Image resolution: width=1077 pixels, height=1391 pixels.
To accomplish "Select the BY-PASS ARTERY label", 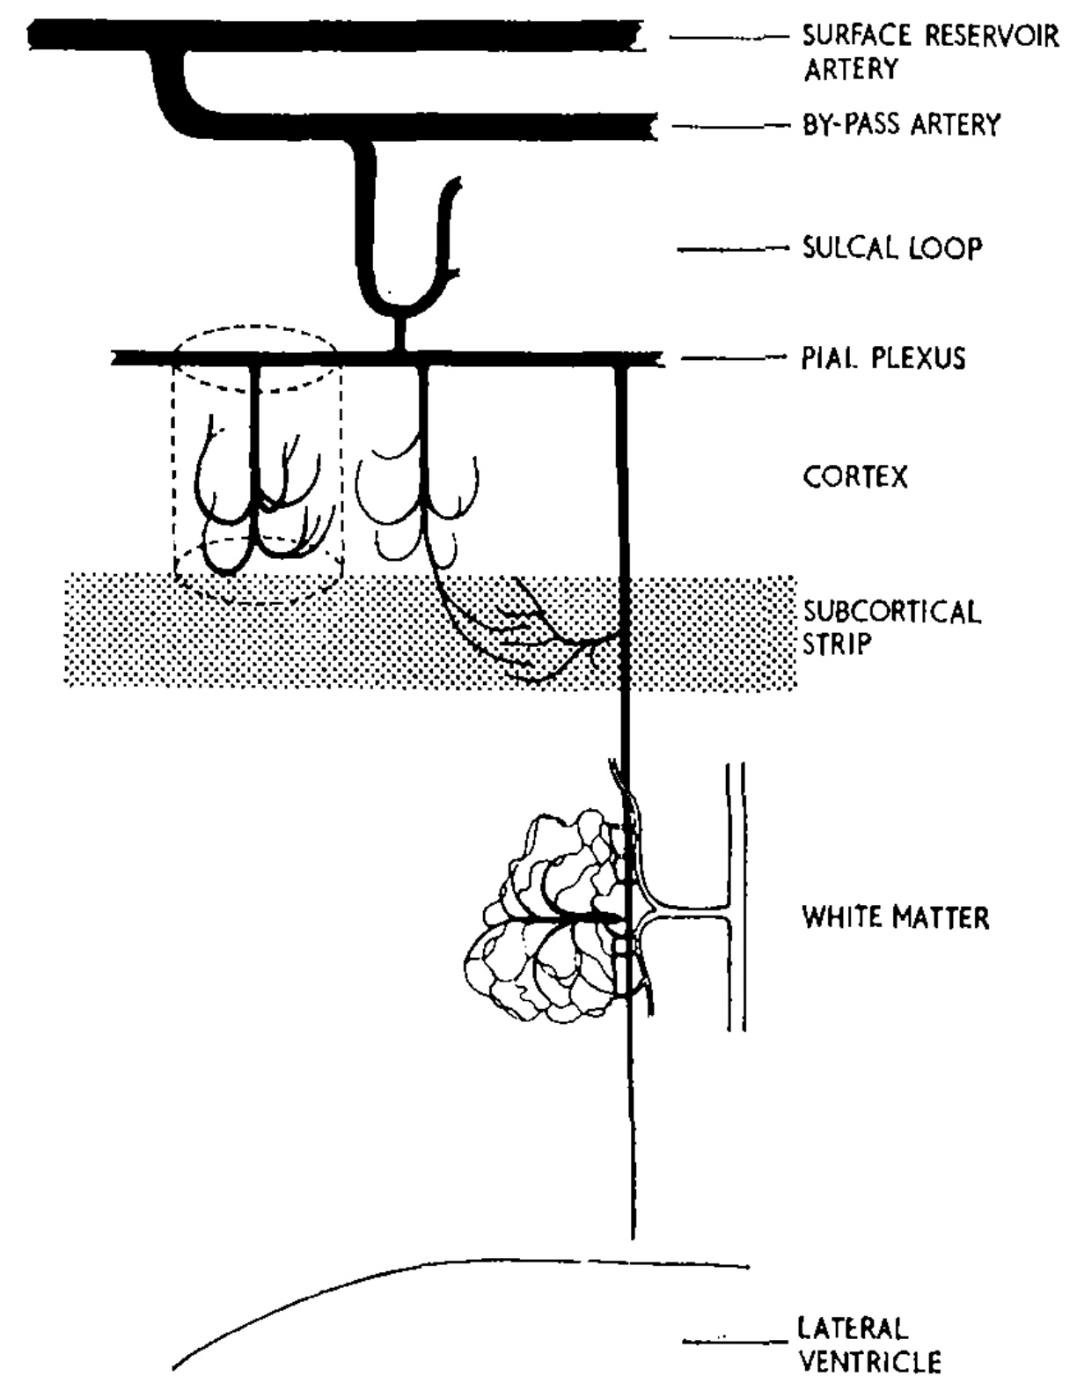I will (901, 125).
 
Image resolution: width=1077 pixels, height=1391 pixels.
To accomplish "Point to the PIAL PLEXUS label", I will (883, 357).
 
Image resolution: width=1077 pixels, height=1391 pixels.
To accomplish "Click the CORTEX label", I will (854, 477).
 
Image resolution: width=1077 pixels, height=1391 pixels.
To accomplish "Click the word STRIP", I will (836, 644).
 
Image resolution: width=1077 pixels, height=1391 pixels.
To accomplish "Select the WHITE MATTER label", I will (895, 917).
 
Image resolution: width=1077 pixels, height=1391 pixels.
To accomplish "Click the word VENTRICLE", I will (869, 1362).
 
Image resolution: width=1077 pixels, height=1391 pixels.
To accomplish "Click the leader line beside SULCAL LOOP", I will (732, 249).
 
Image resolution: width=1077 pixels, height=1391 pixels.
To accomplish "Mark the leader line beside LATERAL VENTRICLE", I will (735, 1342).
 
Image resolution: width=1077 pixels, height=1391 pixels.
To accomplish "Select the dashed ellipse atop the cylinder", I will (255, 331).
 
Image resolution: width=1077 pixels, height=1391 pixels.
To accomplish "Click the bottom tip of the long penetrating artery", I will (632, 1233).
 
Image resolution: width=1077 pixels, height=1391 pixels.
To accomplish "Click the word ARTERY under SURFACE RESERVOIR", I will (850, 69).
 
